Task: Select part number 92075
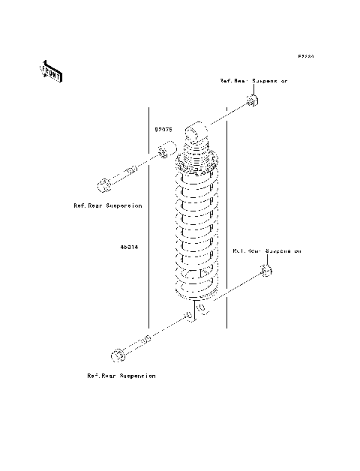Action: (x=164, y=129)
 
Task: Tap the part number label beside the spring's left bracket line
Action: (x=128, y=245)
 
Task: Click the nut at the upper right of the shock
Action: (x=254, y=101)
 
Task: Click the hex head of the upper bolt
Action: (x=104, y=183)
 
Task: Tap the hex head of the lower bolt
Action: (x=118, y=354)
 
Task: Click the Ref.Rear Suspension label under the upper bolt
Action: (x=108, y=204)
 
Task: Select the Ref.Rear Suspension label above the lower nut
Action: (x=266, y=251)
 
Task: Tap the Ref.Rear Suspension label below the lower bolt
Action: (x=121, y=375)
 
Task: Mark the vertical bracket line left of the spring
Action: (x=149, y=225)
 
